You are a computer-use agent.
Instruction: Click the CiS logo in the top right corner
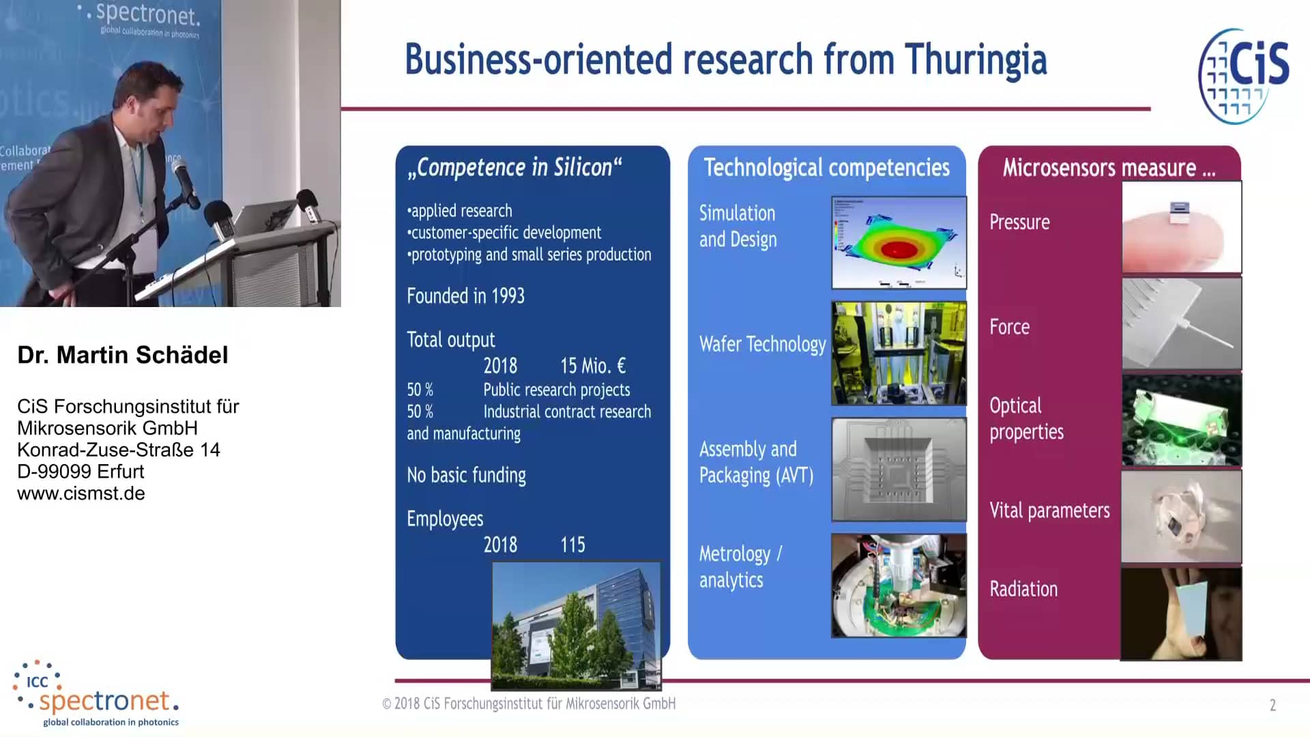(x=1243, y=76)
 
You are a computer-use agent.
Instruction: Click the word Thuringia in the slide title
(x=976, y=60)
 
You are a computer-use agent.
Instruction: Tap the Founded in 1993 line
(x=465, y=296)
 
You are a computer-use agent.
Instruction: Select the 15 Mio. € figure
(x=593, y=366)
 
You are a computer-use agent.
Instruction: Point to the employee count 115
(x=572, y=545)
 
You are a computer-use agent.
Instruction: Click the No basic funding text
(x=466, y=475)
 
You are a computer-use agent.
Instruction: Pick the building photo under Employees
(x=577, y=626)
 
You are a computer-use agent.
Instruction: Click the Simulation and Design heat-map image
(x=899, y=242)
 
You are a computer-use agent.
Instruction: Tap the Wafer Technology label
(x=762, y=344)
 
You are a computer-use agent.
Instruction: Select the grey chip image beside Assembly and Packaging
(x=899, y=469)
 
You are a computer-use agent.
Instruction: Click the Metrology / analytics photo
(x=899, y=586)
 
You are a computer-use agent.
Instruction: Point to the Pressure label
(x=1019, y=222)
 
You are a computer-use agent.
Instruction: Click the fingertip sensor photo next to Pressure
(x=1182, y=228)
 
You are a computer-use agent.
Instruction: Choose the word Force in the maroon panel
(x=1009, y=327)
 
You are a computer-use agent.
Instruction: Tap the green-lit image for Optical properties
(x=1182, y=420)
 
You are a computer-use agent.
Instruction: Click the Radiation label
(x=1023, y=589)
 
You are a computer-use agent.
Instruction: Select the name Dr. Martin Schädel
(x=123, y=355)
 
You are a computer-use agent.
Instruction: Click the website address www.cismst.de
(x=81, y=493)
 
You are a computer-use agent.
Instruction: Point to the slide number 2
(x=1272, y=705)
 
